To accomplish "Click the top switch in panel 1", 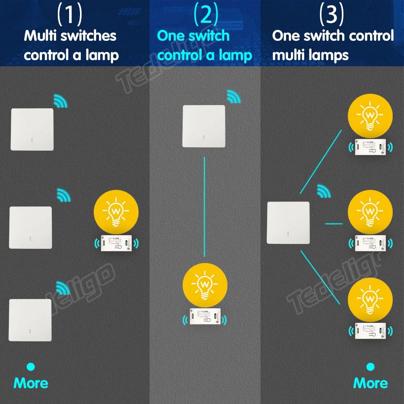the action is [x=32, y=129].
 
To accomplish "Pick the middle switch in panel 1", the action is [x=31, y=227].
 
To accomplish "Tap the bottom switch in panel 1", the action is [x=30, y=320].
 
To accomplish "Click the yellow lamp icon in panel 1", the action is [x=116, y=212].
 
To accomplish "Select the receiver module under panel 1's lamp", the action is [x=116, y=243].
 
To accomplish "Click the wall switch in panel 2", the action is [x=204, y=126].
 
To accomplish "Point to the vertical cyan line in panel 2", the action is [x=204, y=206].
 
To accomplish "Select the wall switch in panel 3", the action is [x=288, y=223].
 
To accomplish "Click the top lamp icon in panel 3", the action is [x=370, y=115].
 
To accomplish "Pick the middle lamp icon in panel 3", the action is [x=370, y=211].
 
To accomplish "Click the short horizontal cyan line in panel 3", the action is [x=334, y=223].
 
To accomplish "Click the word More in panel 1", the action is [x=31, y=383].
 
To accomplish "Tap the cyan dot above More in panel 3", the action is [x=370, y=367].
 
